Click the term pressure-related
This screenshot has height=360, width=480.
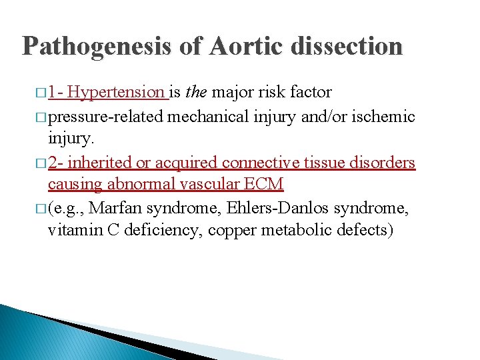click(x=107, y=117)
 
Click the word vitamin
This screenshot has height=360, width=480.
click(x=72, y=231)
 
